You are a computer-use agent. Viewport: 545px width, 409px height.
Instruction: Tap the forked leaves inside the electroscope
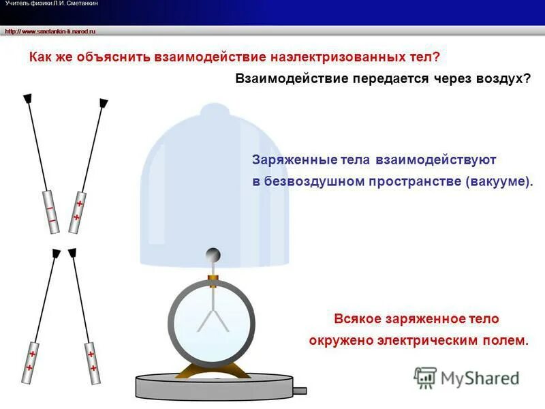[x=211, y=317]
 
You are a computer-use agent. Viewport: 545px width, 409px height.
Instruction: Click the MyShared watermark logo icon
[x=426, y=378]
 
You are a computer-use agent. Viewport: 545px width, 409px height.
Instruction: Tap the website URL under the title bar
[x=50, y=31]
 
